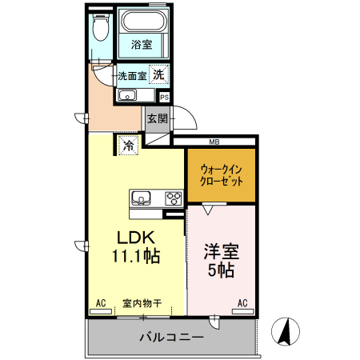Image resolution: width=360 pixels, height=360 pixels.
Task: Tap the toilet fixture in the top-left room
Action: pos(100,31)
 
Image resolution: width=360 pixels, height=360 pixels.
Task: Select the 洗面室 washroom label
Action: pos(132,76)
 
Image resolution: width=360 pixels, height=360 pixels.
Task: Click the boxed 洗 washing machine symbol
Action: pos(160,74)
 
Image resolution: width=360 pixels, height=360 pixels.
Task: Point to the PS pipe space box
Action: pos(165,97)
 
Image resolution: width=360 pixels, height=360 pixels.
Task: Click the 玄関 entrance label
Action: pos(157,119)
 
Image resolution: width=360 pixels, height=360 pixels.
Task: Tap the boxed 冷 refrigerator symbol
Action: pos(128,146)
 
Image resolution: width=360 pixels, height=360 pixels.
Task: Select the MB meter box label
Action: pos(214,142)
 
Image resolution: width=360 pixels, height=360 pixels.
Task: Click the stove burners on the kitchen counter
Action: pos(173,198)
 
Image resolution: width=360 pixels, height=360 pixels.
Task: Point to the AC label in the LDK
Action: pos(102,303)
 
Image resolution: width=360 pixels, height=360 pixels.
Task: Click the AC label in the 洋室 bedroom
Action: pos(242,303)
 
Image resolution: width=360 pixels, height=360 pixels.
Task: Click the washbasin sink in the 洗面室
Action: pos(128,96)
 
